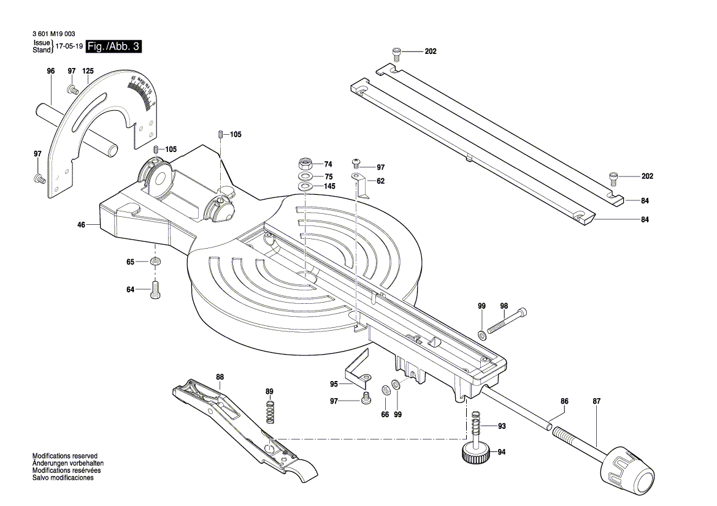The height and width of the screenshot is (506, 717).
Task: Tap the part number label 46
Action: coord(81,225)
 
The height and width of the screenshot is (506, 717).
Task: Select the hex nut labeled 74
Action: coord(305,164)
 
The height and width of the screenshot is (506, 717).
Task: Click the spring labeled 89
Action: coord(270,410)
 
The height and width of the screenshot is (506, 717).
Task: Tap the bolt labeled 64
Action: coord(155,289)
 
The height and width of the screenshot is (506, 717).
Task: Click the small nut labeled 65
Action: coord(155,262)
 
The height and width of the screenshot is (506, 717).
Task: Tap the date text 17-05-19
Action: coord(69,47)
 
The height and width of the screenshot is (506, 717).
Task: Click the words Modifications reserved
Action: coord(65,457)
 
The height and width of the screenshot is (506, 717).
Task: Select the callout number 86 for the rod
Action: coord(564,401)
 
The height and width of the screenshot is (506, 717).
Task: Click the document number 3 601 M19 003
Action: coord(52,34)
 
